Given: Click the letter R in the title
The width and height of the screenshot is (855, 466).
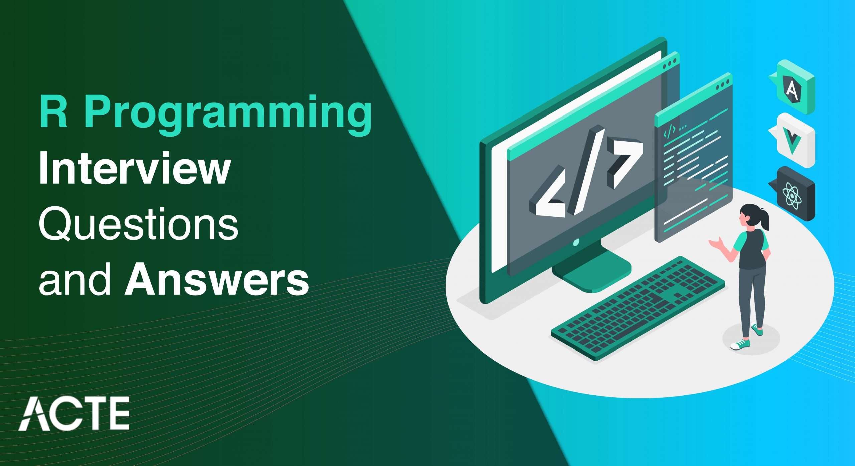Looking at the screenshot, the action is point(54,111).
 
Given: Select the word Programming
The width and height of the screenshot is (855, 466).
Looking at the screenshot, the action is point(228,115).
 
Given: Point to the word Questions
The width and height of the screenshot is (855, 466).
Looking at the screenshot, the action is point(139,224).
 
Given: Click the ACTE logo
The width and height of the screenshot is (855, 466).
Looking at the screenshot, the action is point(74,413).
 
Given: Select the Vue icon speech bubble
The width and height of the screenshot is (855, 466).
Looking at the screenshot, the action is point(792,140).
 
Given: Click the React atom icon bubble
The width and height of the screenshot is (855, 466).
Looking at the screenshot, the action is point(792,194).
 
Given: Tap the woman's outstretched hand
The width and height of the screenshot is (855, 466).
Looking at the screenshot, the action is point(715,244).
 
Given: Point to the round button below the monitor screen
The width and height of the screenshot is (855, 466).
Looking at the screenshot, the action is point(576,242).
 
